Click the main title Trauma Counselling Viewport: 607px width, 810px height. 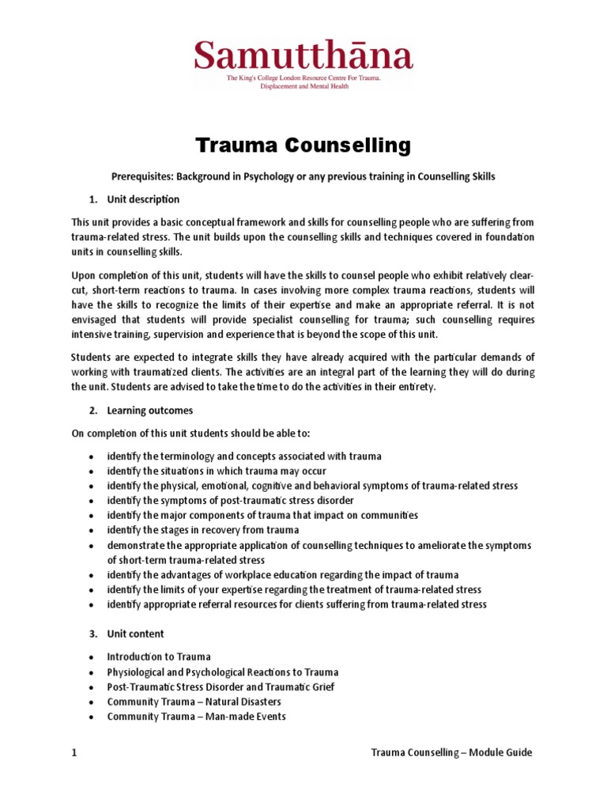point(303,146)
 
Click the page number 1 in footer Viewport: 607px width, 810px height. point(74,753)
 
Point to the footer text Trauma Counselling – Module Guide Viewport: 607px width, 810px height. point(451,753)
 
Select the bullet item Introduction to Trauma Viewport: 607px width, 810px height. point(159,657)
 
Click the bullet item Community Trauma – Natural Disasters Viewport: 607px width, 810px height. point(194,702)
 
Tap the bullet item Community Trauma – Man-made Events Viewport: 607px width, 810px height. point(196,717)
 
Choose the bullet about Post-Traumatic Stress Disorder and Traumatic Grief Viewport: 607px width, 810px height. point(221,687)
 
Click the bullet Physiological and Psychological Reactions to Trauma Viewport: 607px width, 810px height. point(223,672)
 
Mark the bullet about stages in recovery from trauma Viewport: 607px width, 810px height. point(203,530)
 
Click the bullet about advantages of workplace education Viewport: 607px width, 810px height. point(283,575)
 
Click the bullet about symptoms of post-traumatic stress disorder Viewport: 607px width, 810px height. point(231,501)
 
